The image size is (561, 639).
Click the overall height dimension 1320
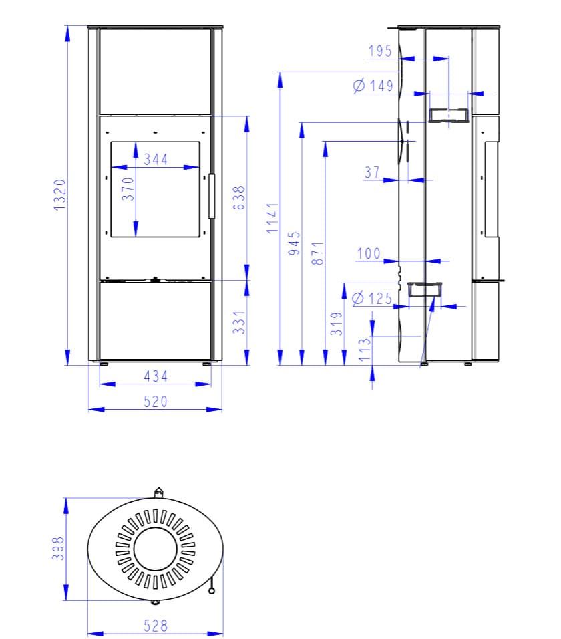(x=60, y=195)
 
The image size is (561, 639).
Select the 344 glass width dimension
(x=156, y=160)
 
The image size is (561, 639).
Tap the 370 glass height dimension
(x=128, y=188)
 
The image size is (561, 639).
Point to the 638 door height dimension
(x=240, y=199)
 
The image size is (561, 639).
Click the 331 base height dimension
(x=240, y=322)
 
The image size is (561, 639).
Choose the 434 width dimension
(x=156, y=376)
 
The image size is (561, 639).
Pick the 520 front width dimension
(x=156, y=401)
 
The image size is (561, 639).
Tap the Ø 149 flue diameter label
(x=373, y=86)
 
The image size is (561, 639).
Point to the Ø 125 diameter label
(x=372, y=298)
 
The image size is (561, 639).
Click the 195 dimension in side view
(x=380, y=51)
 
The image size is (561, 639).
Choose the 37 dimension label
(x=372, y=172)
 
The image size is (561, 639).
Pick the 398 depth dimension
(x=59, y=549)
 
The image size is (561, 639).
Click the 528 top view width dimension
(x=156, y=626)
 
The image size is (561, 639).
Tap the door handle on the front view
(x=212, y=196)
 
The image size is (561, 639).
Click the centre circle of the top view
(x=156, y=549)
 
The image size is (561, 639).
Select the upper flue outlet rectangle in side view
(x=449, y=116)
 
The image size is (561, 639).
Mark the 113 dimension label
(x=364, y=350)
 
